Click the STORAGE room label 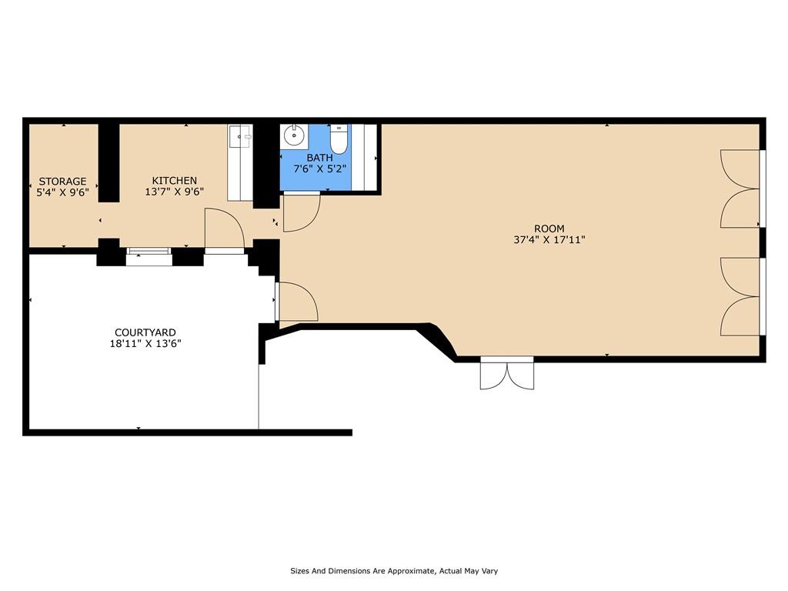click(x=63, y=181)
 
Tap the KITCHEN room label click(x=175, y=180)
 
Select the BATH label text click(x=319, y=158)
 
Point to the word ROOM click(x=549, y=229)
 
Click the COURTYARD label click(x=145, y=332)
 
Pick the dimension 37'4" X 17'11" click(x=549, y=240)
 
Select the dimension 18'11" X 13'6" click(x=145, y=344)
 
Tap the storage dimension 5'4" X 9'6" click(x=63, y=192)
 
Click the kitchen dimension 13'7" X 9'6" click(x=175, y=192)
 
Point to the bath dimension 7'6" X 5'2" click(x=319, y=169)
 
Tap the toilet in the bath click(x=339, y=139)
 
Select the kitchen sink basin click(x=239, y=135)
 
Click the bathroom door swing click(x=302, y=212)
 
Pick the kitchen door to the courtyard click(x=224, y=229)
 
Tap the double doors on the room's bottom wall click(x=507, y=373)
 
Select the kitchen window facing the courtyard click(x=149, y=256)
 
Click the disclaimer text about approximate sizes click(x=394, y=571)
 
